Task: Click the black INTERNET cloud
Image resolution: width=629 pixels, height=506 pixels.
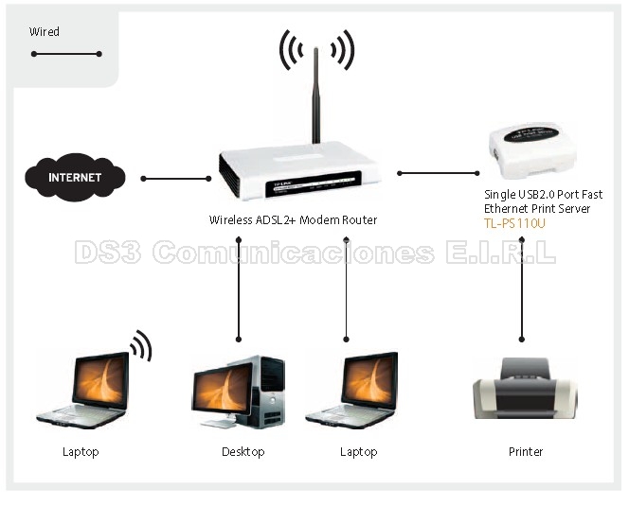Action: pyautogui.click(x=75, y=177)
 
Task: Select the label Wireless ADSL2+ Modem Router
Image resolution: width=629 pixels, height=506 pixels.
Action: pyautogui.click(x=293, y=220)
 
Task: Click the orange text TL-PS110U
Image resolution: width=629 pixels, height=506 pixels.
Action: pyautogui.click(x=514, y=223)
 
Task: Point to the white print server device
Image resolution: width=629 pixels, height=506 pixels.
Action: pyautogui.click(x=533, y=151)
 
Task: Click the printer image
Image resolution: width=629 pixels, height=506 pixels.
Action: pyautogui.click(x=525, y=389)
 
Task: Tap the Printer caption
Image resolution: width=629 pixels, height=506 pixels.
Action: pyautogui.click(x=526, y=452)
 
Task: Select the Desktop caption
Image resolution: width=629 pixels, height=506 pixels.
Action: pyautogui.click(x=243, y=452)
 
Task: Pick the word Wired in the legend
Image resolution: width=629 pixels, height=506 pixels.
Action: pyautogui.click(x=45, y=32)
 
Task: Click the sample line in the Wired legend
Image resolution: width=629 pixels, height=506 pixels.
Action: pyautogui.click(x=65, y=54)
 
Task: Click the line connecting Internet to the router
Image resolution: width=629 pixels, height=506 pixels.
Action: pyautogui.click(x=176, y=178)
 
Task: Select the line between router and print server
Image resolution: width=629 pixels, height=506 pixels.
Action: pyautogui.click(x=439, y=173)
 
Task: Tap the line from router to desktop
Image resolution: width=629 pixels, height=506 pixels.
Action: pyautogui.click(x=239, y=288)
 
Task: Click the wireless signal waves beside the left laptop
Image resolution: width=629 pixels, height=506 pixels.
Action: pyautogui.click(x=141, y=345)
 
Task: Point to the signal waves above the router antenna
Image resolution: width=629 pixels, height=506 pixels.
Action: pyautogui.click(x=316, y=50)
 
